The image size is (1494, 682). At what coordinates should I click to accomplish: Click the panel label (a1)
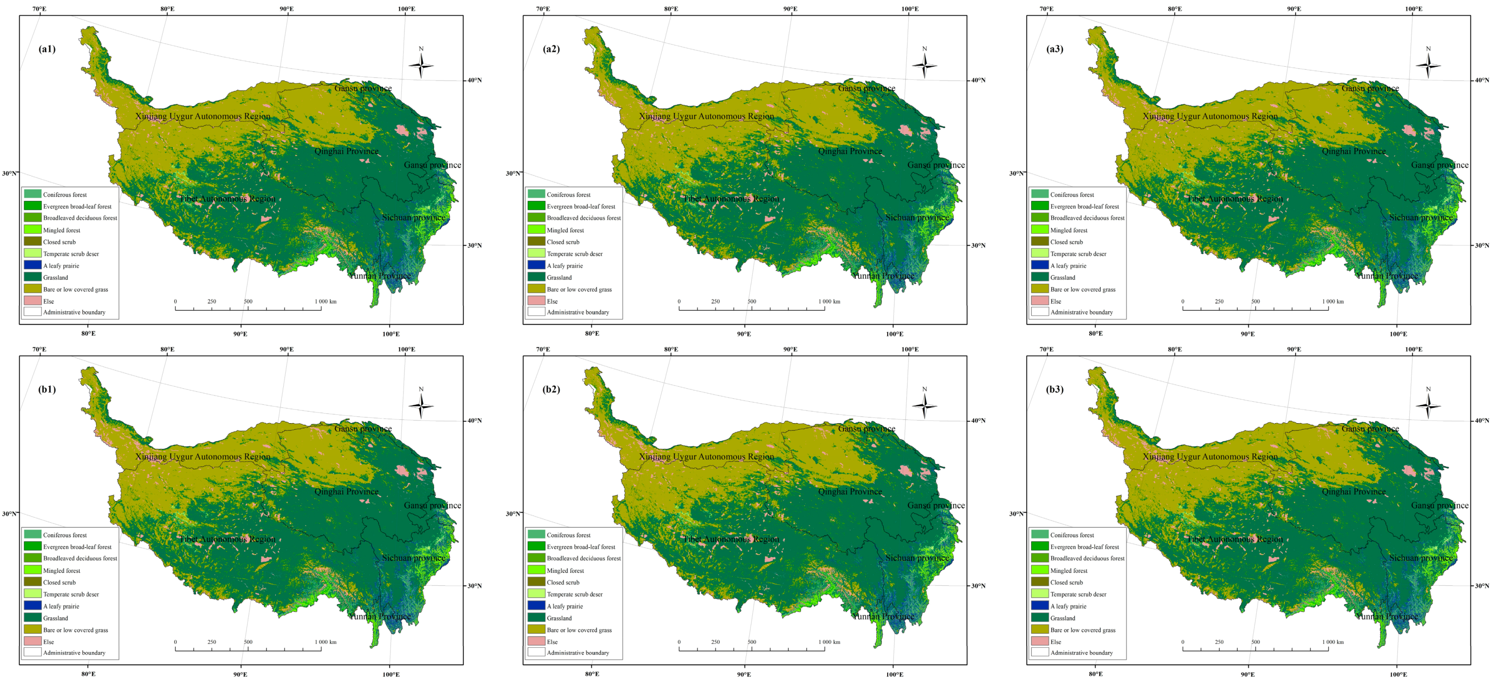pyautogui.click(x=47, y=49)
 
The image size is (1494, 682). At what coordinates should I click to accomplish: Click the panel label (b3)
pyautogui.click(x=1054, y=389)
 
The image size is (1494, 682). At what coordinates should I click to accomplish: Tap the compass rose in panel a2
pyautogui.click(x=925, y=65)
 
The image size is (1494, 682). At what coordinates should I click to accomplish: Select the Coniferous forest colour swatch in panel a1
pyautogui.click(x=32, y=194)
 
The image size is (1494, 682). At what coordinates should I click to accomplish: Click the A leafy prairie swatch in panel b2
pyautogui.click(x=536, y=605)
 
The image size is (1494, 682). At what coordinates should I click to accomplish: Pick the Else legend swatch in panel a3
pyautogui.click(x=1039, y=300)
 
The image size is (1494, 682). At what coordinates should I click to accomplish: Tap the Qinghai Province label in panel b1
pyautogui.click(x=346, y=492)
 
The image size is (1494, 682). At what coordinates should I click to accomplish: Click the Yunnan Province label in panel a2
pyautogui.click(x=883, y=276)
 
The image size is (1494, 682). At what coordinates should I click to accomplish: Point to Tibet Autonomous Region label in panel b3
pyautogui.click(x=1235, y=539)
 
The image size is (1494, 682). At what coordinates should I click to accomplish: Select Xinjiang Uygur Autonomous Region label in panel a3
pyautogui.click(x=1210, y=116)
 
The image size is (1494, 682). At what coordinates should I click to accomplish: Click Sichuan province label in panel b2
pyautogui.click(x=917, y=558)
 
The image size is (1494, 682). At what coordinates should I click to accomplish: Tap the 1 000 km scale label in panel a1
pyautogui.click(x=325, y=302)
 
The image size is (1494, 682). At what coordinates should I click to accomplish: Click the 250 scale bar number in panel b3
pyautogui.click(x=1219, y=642)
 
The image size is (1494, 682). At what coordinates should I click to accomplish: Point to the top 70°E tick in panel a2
pyautogui.click(x=543, y=9)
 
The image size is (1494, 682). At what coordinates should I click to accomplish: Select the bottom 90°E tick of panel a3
pyautogui.click(x=1248, y=334)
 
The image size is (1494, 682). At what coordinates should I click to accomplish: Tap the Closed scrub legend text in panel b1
pyautogui.click(x=59, y=582)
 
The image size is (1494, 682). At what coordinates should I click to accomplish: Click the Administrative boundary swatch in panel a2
pyautogui.click(x=536, y=312)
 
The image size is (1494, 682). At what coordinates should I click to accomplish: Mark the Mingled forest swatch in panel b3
pyautogui.click(x=1039, y=570)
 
